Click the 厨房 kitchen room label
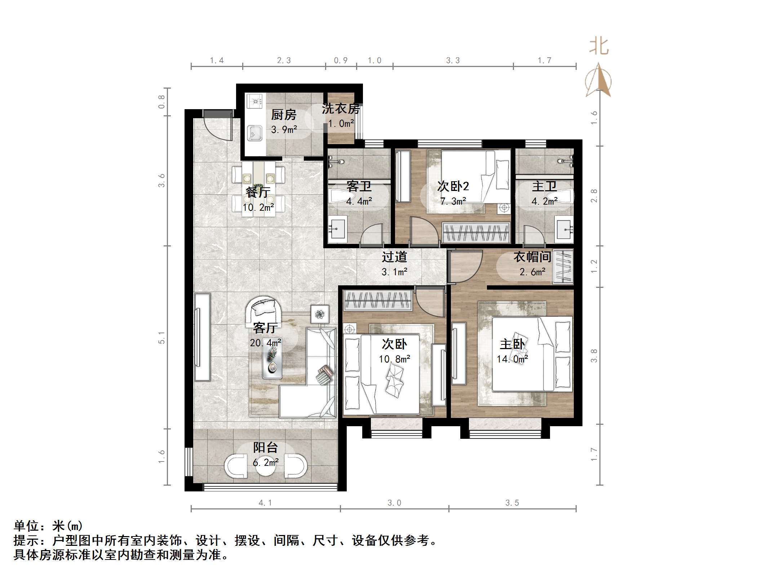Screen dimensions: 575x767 point(284,115)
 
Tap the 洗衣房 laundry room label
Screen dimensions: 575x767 point(340,108)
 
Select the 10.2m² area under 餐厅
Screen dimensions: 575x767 point(258,208)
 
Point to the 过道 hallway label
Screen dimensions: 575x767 point(394,257)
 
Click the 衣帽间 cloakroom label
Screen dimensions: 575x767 point(532,257)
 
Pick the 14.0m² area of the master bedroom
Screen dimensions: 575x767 point(512,359)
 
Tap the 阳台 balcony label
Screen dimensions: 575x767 point(266,447)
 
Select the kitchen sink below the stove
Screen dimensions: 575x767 point(254,133)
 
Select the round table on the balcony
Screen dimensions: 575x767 point(266,466)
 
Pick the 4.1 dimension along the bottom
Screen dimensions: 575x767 point(265,503)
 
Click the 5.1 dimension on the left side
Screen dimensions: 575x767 point(161,338)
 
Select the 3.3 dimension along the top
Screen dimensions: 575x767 point(453,61)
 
